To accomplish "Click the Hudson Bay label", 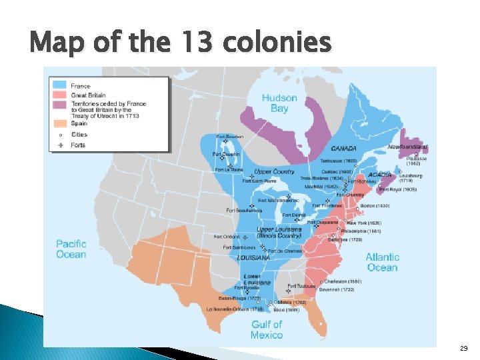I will tap(279, 103).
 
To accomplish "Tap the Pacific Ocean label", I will tap(71, 249).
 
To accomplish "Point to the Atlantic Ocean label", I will tap(382, 262).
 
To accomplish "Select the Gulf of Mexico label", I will tap(267, 329).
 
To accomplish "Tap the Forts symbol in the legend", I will tap(61, 144).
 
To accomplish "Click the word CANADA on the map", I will tap(343, 148).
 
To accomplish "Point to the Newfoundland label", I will tap(407, 147).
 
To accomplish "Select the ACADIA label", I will tap(380, 175).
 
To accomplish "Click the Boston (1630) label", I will tap(374, 205).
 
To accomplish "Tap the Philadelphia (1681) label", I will tap(361, 231).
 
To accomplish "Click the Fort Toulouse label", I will tap(302, 286).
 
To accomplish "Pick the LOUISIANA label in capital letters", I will tap(253, 257).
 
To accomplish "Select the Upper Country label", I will tap(274, 171).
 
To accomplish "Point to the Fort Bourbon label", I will tap(229, 137).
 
